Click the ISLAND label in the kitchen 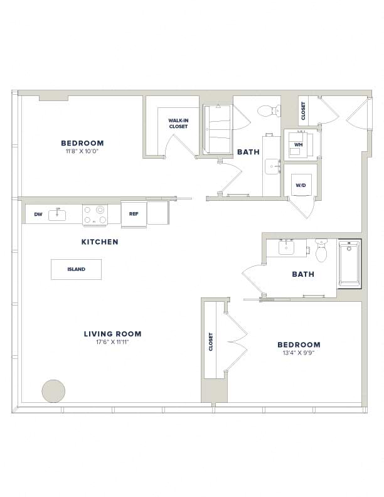point(77,269)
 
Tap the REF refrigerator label point(134,213)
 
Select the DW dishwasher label point(38,214)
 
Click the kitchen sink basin point(57,215)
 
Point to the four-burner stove point(95,215)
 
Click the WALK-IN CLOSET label point(178,123)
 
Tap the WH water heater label point(299,144)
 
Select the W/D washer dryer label point(301,185)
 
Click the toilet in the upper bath point(269,110)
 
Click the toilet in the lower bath point(321,251)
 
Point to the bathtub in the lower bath point(349,264)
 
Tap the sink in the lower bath point(287,247)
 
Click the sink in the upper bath point(272,167)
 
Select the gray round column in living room point(53,391)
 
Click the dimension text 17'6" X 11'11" point(113,342)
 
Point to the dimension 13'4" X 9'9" point(299,353)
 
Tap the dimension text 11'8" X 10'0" point(83,151)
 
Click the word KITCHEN point(100,242)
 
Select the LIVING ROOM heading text point(113,334)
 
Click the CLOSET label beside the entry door point(303,110)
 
